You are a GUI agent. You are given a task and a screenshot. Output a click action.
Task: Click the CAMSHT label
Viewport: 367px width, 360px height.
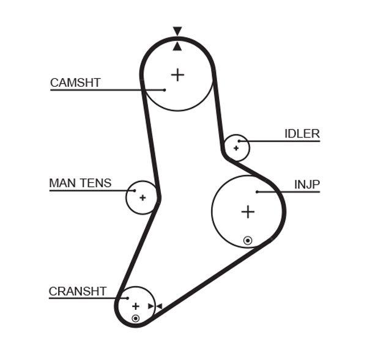75,83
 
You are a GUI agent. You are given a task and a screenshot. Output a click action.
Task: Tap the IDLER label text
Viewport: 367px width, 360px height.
302,133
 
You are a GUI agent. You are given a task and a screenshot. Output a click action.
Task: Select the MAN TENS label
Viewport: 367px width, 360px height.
80,183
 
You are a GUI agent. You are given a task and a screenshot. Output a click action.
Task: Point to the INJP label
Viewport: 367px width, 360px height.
307,184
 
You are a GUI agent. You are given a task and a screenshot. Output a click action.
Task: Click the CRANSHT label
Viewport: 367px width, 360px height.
78,292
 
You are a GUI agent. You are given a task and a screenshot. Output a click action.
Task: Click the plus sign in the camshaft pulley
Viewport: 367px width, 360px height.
177,75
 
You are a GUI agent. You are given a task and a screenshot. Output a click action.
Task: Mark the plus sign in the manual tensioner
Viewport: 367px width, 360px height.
143,197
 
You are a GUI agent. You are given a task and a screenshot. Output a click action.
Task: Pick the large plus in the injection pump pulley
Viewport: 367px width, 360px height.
247,211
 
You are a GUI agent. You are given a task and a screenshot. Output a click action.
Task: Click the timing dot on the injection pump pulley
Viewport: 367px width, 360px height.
247,240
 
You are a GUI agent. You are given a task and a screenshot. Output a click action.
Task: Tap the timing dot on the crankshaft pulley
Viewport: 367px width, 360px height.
136,318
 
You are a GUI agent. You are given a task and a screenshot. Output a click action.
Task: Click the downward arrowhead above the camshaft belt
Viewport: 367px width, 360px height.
177,31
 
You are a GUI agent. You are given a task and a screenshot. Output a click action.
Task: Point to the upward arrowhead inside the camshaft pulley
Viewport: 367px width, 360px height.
177,46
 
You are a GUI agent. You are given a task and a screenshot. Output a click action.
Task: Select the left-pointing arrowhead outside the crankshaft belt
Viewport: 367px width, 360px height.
158,306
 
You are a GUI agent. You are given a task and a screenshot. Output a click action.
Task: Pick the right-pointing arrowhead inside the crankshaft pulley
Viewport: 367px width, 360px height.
150,306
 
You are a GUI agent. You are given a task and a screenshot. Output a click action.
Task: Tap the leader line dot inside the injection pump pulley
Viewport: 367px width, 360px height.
258,192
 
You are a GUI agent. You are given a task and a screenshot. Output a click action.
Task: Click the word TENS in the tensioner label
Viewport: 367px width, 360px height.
97,183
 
